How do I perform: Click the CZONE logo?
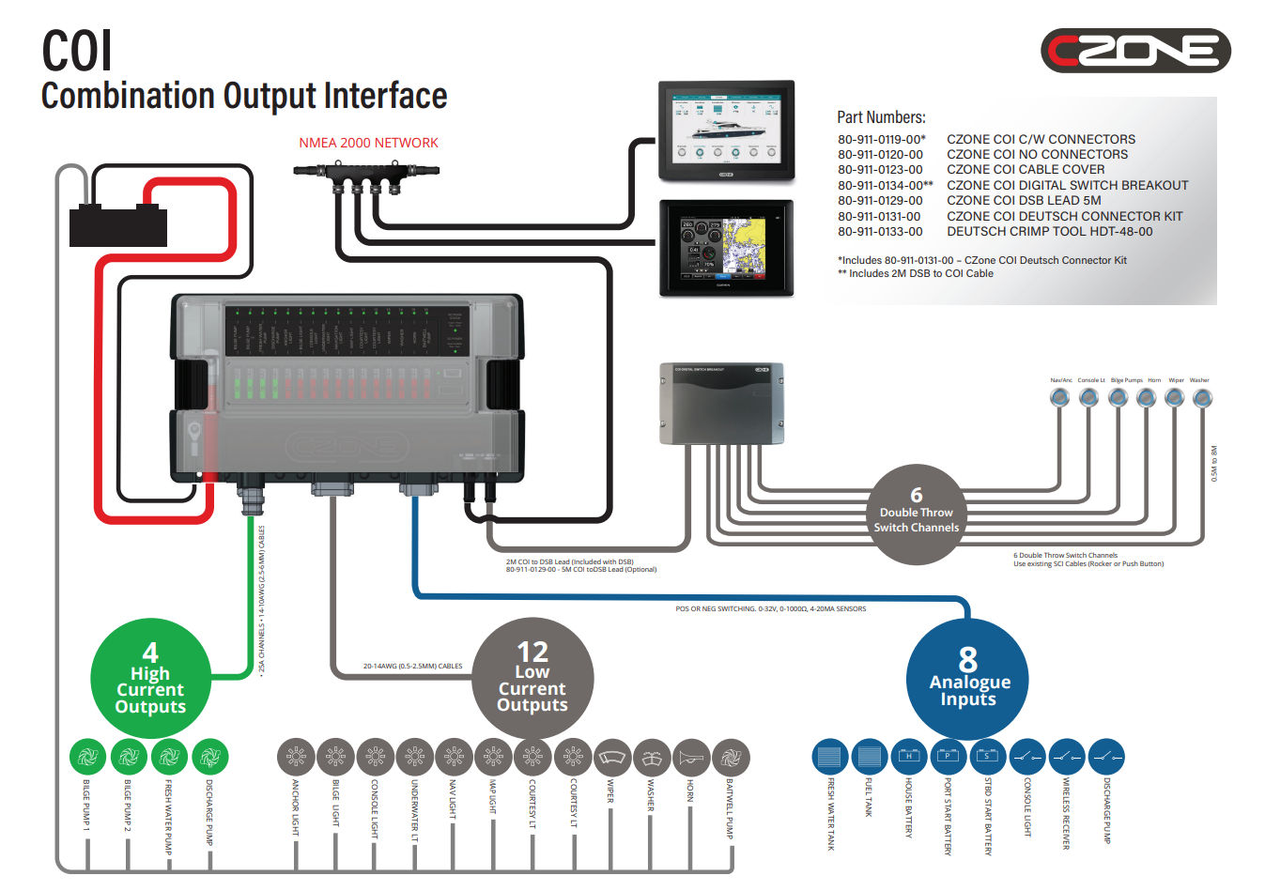point(1134,51)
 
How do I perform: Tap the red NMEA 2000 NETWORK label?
point(368,143)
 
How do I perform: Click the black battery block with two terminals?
point(118,226)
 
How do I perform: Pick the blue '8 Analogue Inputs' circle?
point(967,679)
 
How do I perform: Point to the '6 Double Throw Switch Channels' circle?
point(916,514)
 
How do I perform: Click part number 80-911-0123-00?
point(880,170)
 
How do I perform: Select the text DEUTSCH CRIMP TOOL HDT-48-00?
point(1049,231)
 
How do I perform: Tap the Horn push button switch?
point(1146,398)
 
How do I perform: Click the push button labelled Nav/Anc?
point(1060,398)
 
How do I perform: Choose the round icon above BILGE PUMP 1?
point(87,757)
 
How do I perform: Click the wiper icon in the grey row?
point(612,757)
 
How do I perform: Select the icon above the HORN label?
point(690,757)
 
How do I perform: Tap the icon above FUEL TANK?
point(869,757)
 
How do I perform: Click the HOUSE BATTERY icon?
point(908,757)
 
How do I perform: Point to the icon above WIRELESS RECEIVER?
point(1066,757)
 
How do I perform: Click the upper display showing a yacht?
point(726,131)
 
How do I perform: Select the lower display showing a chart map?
point(726,248)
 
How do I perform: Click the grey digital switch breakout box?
point(721,404)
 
